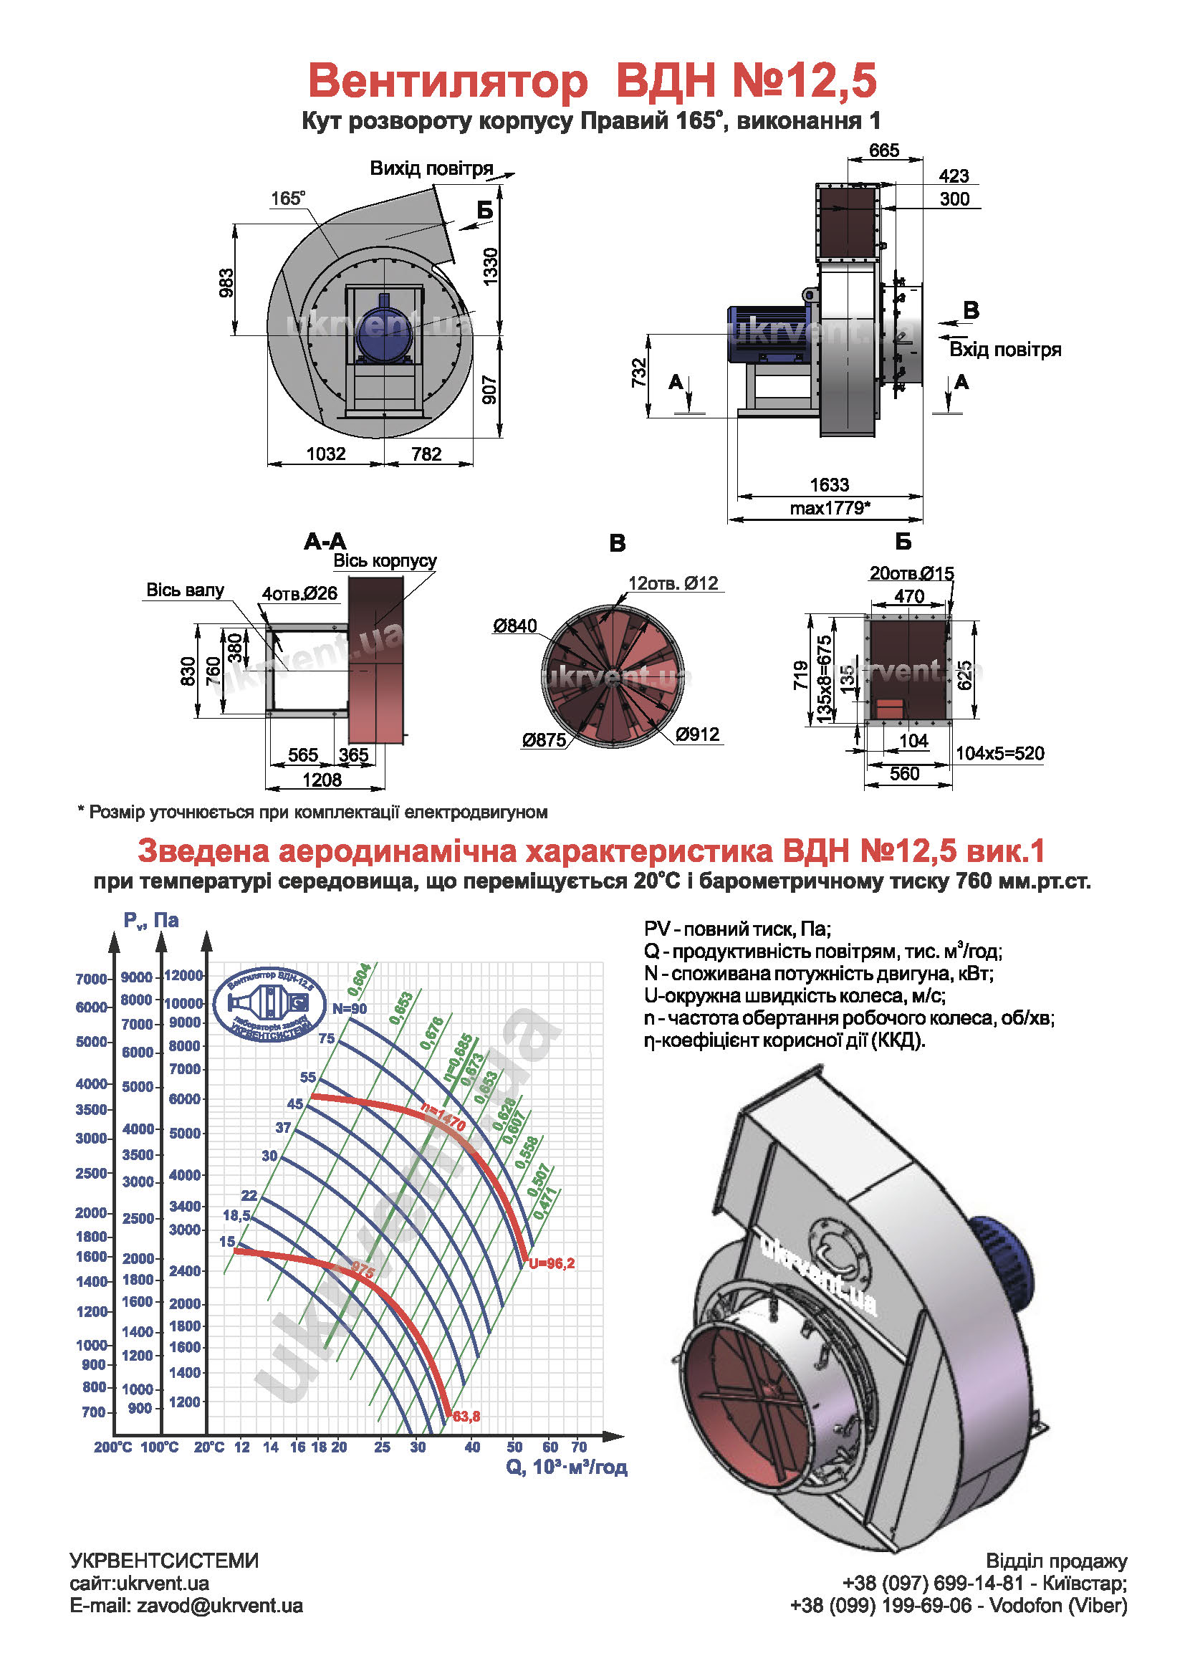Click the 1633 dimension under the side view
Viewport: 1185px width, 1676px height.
[829, 484]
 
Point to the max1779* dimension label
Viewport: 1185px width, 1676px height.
[830, 508]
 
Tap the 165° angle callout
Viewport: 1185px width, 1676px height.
[287, 198]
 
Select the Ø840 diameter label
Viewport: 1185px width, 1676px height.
[514, 626]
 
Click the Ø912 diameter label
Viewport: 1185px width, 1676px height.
[697, 734]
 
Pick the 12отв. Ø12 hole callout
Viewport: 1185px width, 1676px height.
[673, 583]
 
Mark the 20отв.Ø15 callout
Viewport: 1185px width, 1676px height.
[911, 574]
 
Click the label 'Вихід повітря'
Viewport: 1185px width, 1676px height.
[431, 168]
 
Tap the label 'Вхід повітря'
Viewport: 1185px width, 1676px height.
[1004, 350]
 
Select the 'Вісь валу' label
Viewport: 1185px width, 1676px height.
[186, 590]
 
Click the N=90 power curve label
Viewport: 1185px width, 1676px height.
[350, 1009]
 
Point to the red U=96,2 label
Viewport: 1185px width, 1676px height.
[552, 1263]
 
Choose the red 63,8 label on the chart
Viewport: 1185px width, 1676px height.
[466, 1417]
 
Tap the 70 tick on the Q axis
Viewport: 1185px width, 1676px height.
[579, 1447]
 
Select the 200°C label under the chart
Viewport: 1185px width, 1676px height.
[112, 1447]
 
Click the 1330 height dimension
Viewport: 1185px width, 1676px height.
[490, 267]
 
